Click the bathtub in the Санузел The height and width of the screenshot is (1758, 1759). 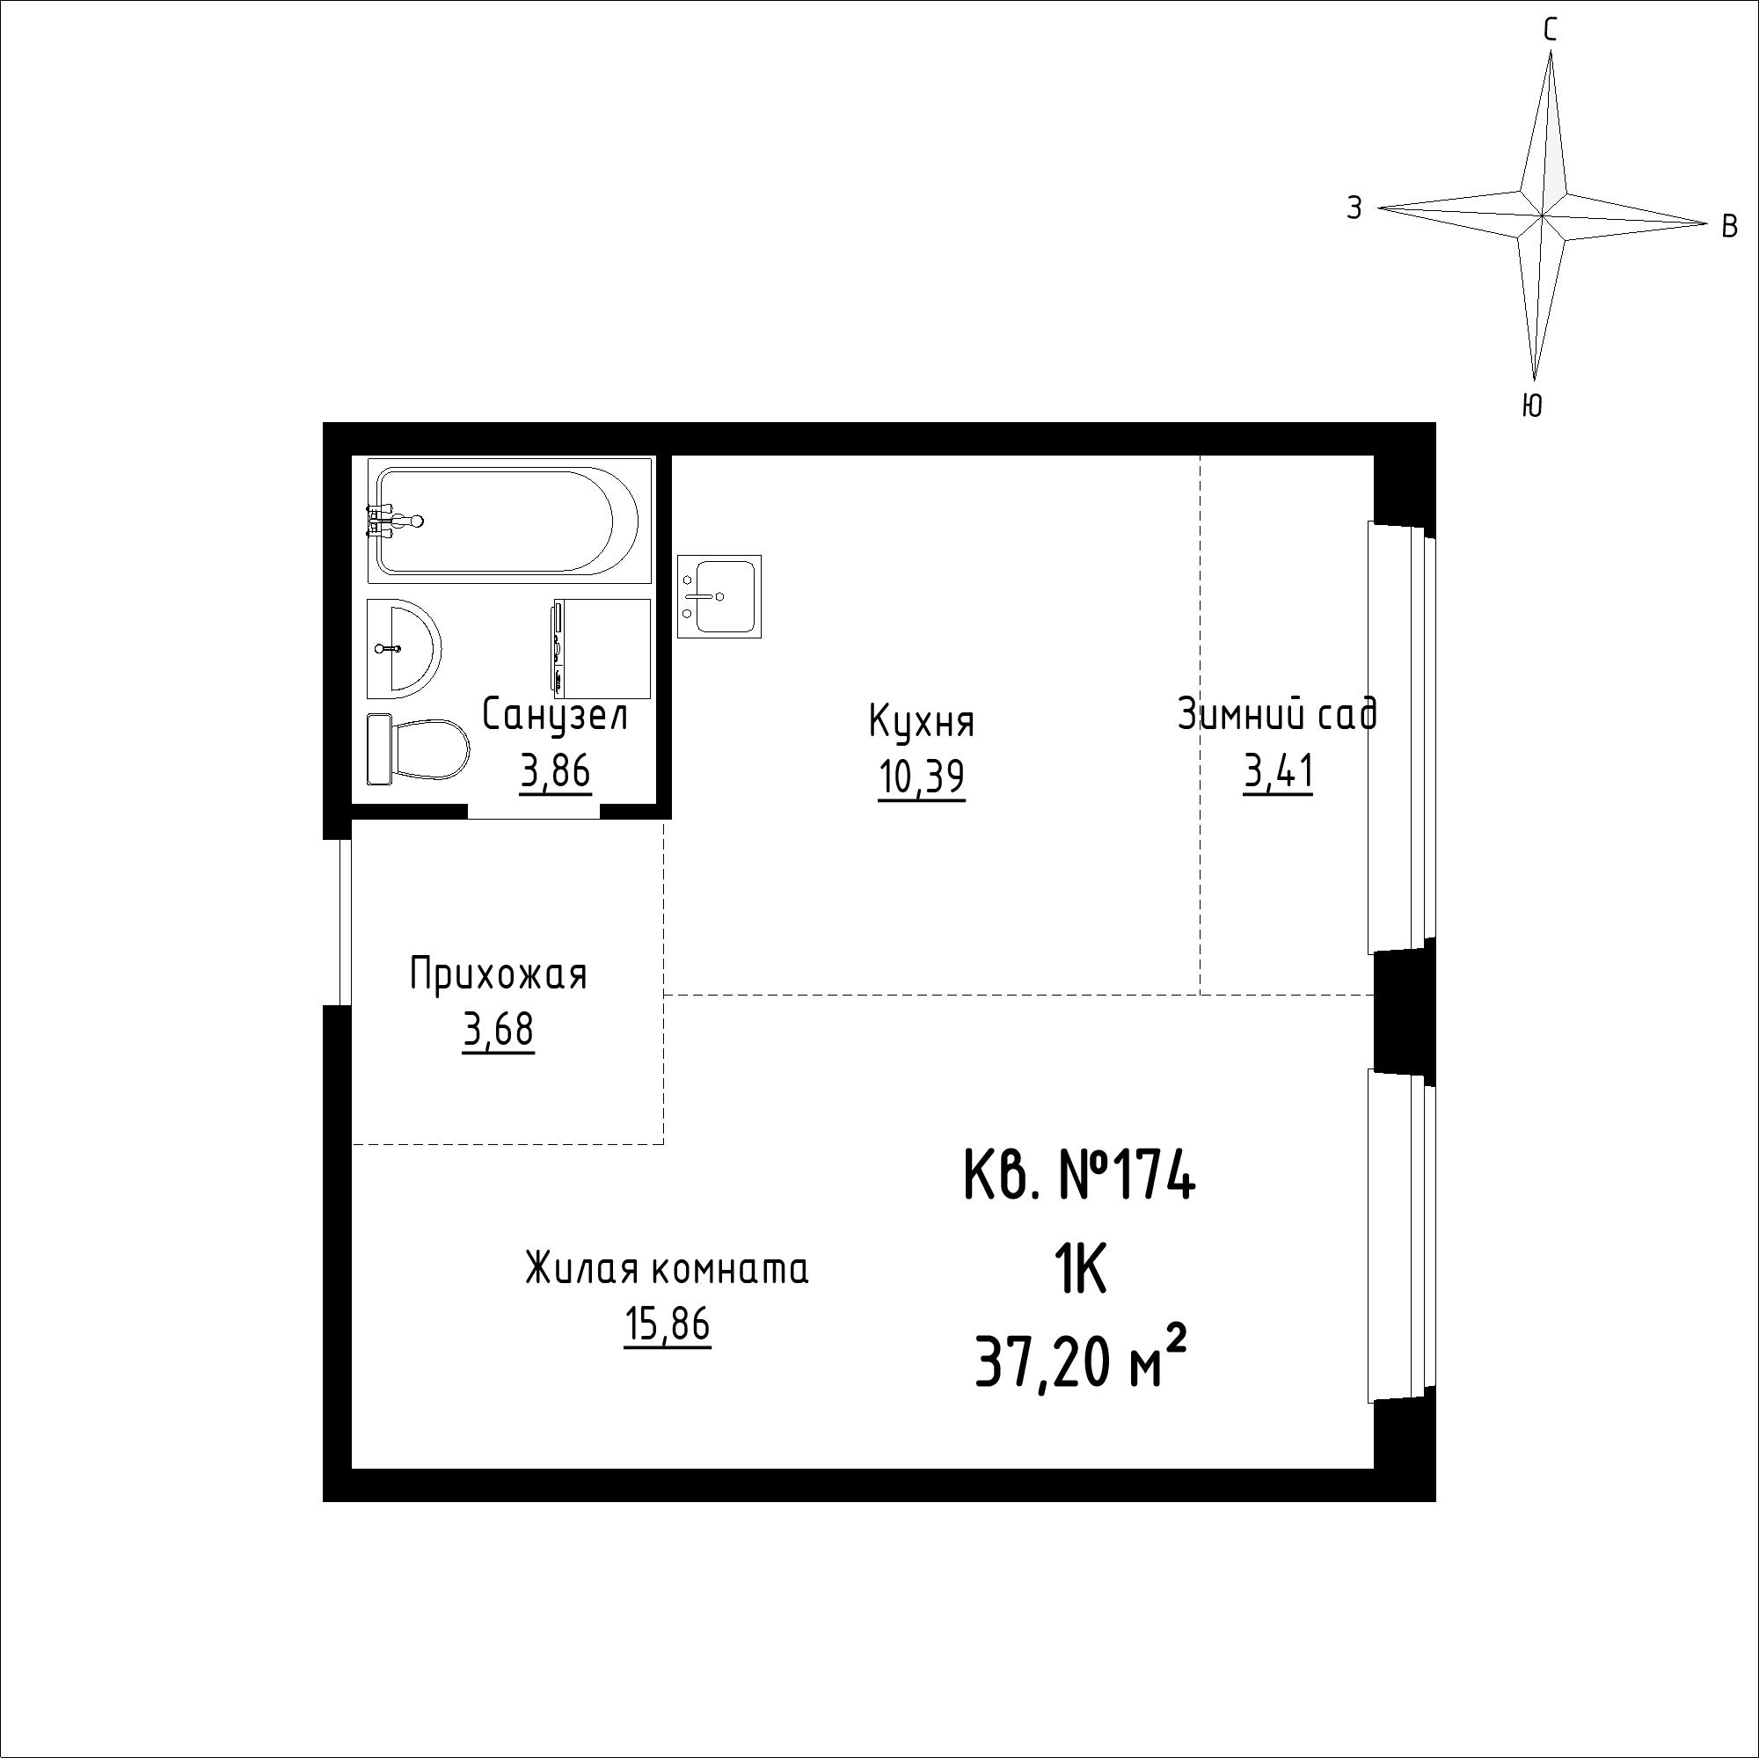(510, 520)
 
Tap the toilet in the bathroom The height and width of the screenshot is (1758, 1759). (417, 749)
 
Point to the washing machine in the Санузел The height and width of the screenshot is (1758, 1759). (602, 648)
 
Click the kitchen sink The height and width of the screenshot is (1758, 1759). (719, 596)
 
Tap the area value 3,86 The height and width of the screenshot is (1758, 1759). (555, 772)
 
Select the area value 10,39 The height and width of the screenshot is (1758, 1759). (922, 777)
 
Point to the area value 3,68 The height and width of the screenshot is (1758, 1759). (498, 1032)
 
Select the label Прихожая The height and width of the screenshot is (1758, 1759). (498, 975)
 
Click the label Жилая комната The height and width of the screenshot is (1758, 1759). (668, 1269)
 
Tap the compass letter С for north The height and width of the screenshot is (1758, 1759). (1550, 31)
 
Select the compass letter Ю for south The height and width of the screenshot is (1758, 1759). (1532, 405)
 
